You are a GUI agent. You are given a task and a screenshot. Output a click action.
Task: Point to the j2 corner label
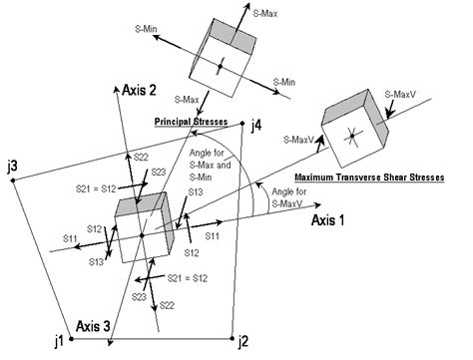tap(243, 342)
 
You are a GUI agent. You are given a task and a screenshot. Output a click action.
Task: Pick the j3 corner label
tap(11, 165)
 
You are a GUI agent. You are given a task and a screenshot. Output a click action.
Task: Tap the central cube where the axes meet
tap(144, 229)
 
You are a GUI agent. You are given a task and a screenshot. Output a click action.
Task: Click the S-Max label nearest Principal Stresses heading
tap(188, 100)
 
